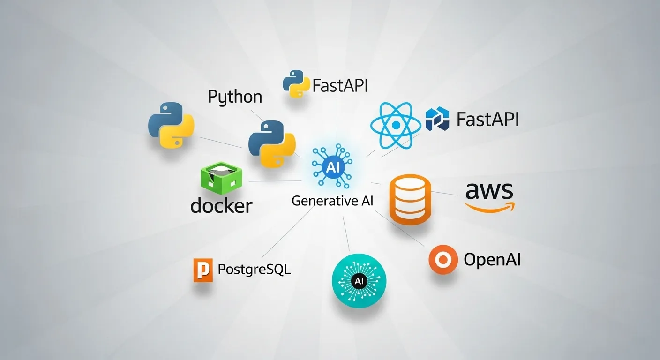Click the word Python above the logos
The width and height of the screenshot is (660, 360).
click(x=235, y=97)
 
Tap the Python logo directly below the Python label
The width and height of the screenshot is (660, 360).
click(x=271, y=144)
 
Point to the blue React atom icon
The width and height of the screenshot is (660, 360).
click(x=395, y=125)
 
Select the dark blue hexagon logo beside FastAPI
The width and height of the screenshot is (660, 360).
click(x=437, y=119)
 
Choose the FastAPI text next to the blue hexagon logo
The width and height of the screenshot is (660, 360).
click(x=487, y=119)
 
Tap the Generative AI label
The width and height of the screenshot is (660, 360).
click(x=332, y=201)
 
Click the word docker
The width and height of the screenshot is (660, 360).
click(x=221, y=205)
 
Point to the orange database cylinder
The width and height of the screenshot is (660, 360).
click(x=410, y=201)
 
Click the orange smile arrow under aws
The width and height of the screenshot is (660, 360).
click(x=490, y=206)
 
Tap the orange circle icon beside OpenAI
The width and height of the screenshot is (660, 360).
click(x=443, y=259)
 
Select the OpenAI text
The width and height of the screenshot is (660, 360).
click(x=492, y=259)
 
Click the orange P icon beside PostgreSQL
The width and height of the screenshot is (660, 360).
click(x=202, y=270)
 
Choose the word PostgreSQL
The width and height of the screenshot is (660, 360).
click(x=254, y=270)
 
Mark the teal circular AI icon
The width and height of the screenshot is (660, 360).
click(x=359, y=280)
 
